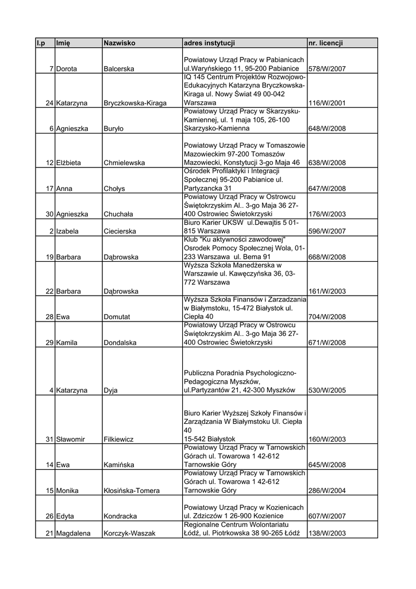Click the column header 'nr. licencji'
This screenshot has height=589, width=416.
click(326, 43)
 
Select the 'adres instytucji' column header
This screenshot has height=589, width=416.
click(209, 43)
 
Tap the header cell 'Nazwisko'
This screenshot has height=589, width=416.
click(120, 43)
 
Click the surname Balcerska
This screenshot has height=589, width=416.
click(119, 69)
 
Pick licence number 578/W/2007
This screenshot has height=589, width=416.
click(327, 69)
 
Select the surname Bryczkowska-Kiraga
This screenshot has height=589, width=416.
click(135, 103)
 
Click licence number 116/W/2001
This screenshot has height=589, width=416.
click(327, 103)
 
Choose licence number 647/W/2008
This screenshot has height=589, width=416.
click(327, 189)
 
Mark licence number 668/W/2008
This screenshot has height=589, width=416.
click(327, 257)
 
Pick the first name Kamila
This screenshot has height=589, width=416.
click(68, 343)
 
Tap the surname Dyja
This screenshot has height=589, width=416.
click(110, 391)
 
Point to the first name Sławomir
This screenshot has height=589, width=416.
click(71, 439)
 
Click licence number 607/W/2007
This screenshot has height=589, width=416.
click(327, 517)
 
